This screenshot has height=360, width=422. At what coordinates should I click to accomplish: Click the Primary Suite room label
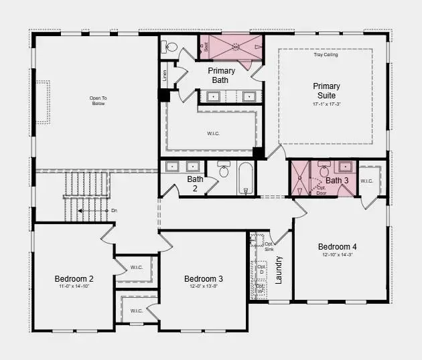tap(326, 90)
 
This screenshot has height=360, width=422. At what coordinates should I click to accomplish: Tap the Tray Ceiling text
tap(326, 55)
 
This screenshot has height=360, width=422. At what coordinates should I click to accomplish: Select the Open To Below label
tap(98, 101)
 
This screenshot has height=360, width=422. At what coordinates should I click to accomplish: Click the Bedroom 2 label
tap(74, 278)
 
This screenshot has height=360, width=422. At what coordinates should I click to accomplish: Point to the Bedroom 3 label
tap(204, 278)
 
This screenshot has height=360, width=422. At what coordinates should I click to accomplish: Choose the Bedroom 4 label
tap(342, 246)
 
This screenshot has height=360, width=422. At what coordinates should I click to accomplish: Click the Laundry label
tap(279, 270)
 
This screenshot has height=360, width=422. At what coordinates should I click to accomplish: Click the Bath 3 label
tap(337, 181)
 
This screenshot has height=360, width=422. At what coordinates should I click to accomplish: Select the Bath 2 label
tap(195, 183)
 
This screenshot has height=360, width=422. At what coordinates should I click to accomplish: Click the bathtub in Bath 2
tap(246, 177)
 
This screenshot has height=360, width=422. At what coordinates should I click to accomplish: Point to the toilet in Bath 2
tap(224, 171)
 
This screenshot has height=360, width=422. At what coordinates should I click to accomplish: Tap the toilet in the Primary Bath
tap(170, 47)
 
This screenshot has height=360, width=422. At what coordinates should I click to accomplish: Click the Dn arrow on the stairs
tap(94, 211)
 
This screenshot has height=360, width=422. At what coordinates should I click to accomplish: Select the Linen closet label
tap(164, 73)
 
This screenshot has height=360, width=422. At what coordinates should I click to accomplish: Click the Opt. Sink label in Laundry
tap(269, 246)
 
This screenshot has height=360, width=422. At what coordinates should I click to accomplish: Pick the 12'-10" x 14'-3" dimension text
tap(342, 254)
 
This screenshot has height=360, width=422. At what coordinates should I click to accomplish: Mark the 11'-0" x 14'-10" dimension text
tap(74, 286)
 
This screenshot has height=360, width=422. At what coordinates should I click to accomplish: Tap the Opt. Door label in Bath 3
tap(322, 189)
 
